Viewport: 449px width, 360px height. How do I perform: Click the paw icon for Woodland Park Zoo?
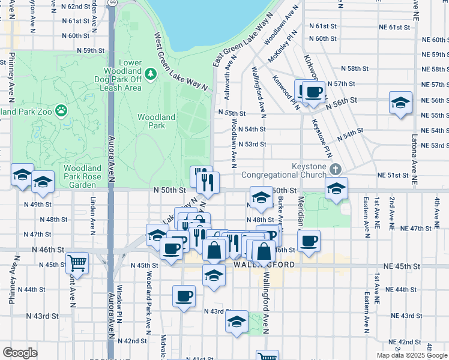tap(61, 110)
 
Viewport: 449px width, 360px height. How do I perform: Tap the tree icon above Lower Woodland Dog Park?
tap(150, 74)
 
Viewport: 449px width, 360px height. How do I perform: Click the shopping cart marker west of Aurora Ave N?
tap(77, 262)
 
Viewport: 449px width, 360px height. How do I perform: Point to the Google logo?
tap(20, 352)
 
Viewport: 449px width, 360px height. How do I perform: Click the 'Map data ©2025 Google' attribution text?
tap(411, 355)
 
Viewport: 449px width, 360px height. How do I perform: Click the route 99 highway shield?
tap(113, 3)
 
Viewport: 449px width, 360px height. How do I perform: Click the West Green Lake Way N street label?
tap(181, 61)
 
